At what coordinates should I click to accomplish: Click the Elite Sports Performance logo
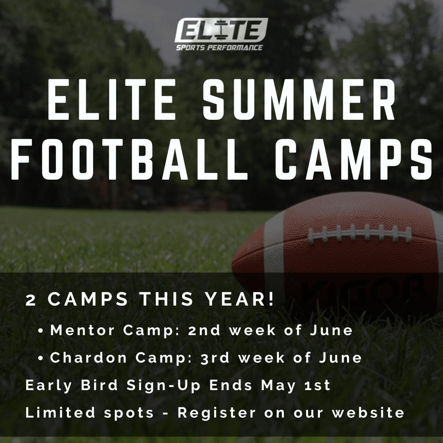(x=221, y=34)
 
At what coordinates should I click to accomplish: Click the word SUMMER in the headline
(x=299, y=99)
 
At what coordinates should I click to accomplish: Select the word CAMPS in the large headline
(x=354, y=159)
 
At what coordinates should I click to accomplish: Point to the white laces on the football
(x=360, y=234)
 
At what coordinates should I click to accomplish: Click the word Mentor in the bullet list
(x=82, y=330)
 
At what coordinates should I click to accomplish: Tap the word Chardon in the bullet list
(x=88, y=357)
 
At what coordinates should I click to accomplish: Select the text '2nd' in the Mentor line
(x=204, y=330)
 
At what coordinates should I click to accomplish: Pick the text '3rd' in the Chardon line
(x=215, y=358)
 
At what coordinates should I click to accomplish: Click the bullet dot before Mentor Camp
(x=41, y=331)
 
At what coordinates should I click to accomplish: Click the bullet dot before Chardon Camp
(x=41, y=358)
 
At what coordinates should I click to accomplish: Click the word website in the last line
(x=368, y=413)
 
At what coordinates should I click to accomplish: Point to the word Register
(x=217, y=413)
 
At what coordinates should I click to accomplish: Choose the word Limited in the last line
(x=60, y=413)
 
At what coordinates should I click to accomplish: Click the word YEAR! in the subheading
(x=240, y=299)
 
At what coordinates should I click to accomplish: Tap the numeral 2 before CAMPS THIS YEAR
(x=30, y=300)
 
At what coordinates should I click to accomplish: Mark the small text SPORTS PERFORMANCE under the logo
(x=219, y=48)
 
